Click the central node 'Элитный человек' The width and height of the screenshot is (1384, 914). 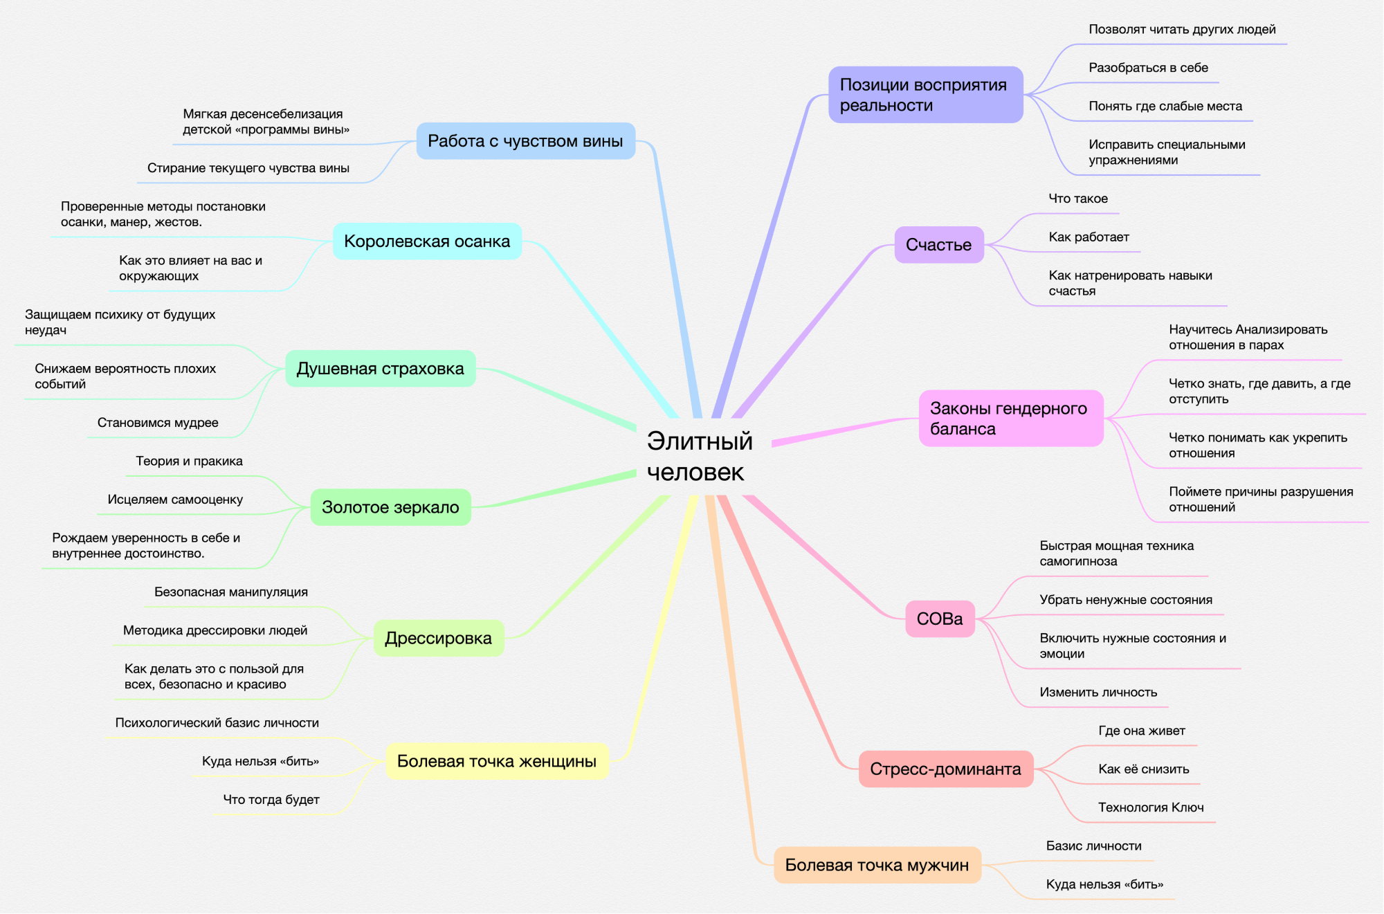[x=700, y=456]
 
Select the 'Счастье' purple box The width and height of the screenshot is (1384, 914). [x=938, y=245]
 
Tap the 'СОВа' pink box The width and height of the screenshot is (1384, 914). [x=939, y=619]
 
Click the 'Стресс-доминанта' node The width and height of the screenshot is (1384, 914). [x=945, y=769]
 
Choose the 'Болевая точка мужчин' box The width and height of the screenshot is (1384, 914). [x=877, y=865]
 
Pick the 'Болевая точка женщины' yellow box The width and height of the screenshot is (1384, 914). [x=496, y=761]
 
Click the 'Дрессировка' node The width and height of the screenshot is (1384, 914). [x=438, y=638]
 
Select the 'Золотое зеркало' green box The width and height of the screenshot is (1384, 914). [x=390, y=507]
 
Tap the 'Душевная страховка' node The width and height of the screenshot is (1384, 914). [x=380, y=369]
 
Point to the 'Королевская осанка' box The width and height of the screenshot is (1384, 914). [x=427, y=241]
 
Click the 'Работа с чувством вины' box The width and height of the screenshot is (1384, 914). [x=525, y=141]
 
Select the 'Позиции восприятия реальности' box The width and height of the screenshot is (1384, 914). [x=925, y=95]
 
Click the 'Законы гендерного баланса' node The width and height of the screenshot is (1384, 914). [x=1010, y=419]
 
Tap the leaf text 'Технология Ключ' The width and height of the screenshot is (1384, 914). [x=1151, y=807]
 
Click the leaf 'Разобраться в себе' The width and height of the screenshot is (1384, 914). [x=1148, y=68]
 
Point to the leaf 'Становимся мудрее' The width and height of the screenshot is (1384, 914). [x=158, y=423]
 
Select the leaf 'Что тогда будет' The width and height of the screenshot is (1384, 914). [x=271, y=800]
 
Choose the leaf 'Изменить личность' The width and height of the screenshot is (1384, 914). [x=1098, y=692]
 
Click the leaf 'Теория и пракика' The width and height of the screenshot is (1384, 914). [x=189, y=461]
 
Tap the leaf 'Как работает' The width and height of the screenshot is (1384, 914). [x=1089, y=237]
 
